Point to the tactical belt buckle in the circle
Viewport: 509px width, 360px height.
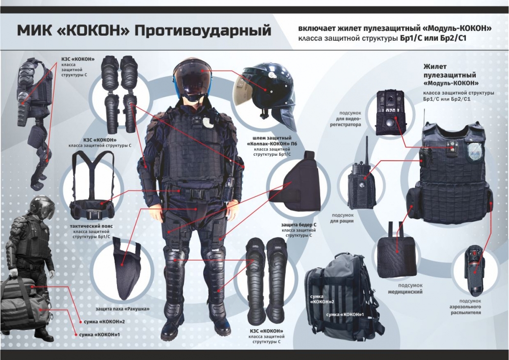click(92, 215)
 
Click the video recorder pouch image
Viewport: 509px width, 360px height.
click(391, 112)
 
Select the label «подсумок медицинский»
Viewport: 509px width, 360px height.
click(405, 288)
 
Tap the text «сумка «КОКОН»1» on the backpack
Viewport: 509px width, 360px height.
click(345, 314)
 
